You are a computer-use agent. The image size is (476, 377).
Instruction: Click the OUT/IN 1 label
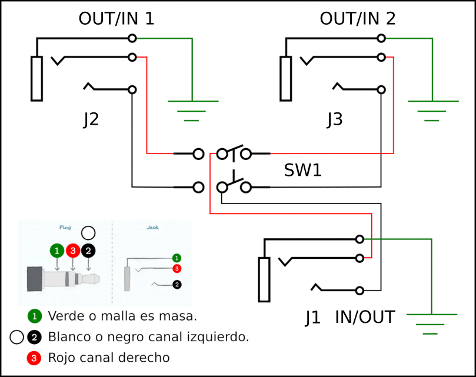coord(116,19)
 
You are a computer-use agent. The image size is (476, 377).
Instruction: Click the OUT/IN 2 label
coord(358,19)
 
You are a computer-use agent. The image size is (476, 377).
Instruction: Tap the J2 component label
coord(91,119)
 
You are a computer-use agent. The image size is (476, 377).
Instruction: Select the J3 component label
coord(334,119)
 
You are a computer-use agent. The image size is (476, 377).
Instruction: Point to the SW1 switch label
coord(303,171)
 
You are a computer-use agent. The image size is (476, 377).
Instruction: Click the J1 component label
coord(313,318)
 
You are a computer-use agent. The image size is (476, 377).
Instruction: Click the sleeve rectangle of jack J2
coord(37,78)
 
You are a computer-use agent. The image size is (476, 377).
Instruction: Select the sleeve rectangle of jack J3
coord(286,78)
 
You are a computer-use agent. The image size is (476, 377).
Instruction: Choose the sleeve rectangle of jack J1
coord(264,279)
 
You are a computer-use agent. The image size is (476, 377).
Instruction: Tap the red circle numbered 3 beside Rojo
coord(35,358)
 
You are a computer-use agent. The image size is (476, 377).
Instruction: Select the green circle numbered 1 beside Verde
coord(35,316)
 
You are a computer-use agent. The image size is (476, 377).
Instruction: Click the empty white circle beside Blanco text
coord(16,337)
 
